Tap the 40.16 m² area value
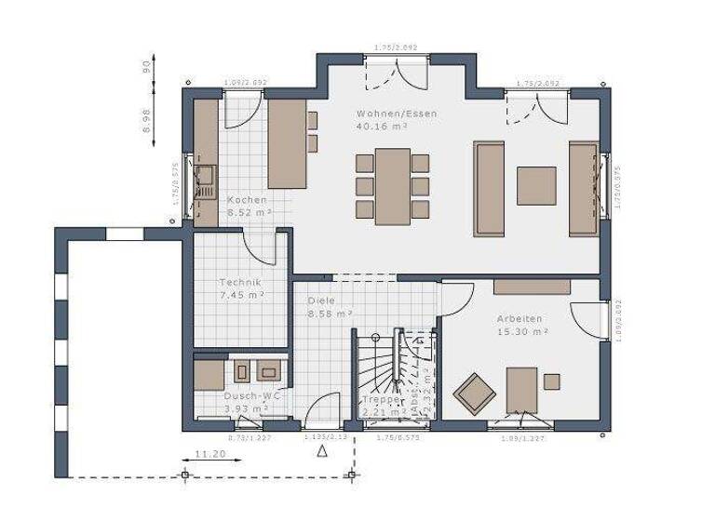click(x=383, y=127)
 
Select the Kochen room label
click(x=247, y=200)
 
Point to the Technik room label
click(x=240, y=282)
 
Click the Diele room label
click(x=321, y=301)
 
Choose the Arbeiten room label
click(x=519, y=318)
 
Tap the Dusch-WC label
click(x=246, y=395)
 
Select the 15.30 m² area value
click(x=519, y=331)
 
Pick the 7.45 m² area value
click(x=240, y=295)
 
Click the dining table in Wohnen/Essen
click(x=392, y=186)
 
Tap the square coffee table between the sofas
click(x=536, y=186)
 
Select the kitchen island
click(x=287, y=143)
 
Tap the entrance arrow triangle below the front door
click(x=322, y=452)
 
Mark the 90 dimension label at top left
click(x=146, y=68)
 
